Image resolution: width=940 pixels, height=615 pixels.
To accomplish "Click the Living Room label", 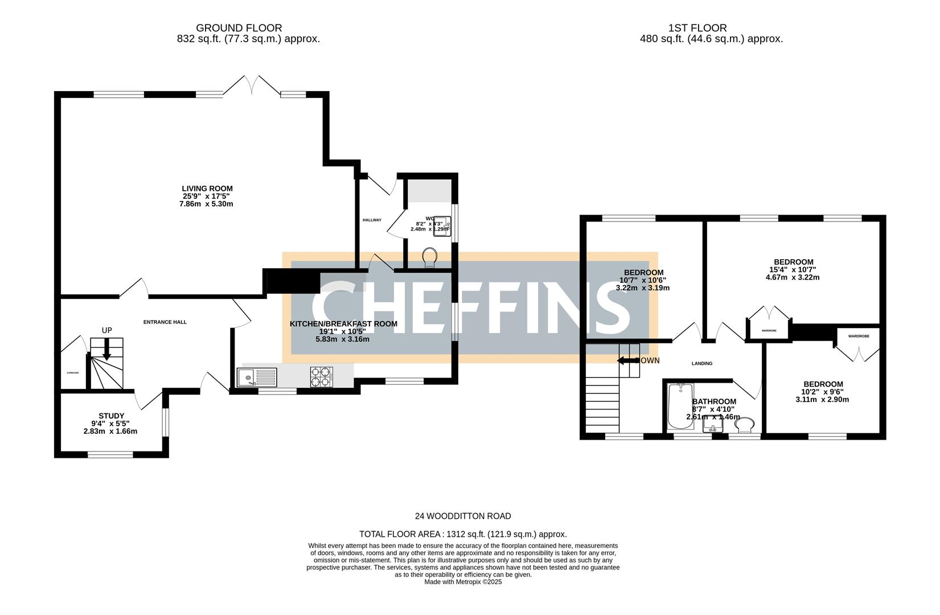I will (x=207, y=188).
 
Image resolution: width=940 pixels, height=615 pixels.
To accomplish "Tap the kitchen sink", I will (x=249, y=378).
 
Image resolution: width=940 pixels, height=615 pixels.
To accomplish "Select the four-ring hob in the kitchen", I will (x=321, y=378).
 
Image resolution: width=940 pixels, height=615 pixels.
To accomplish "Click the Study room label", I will (x=111, y=416).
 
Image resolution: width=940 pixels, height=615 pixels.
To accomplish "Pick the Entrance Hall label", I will (x=165, y=322).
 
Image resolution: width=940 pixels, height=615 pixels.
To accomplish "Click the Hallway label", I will (x=372, y=220).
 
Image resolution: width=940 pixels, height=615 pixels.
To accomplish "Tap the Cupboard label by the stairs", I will (x=73, y=373).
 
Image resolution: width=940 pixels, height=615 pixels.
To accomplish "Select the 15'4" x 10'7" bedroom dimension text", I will (x=793, y=270).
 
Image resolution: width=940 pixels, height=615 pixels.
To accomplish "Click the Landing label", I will (x=701, y=363).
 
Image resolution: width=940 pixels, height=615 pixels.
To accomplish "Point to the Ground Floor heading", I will (x=239, y=28).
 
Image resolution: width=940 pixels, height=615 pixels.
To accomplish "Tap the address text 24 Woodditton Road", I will (x=463, y=516).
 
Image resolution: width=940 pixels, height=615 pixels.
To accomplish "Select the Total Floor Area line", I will (x=463, y=534).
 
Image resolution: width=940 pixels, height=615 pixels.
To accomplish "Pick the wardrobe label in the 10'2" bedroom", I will (x=858, y=336).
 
